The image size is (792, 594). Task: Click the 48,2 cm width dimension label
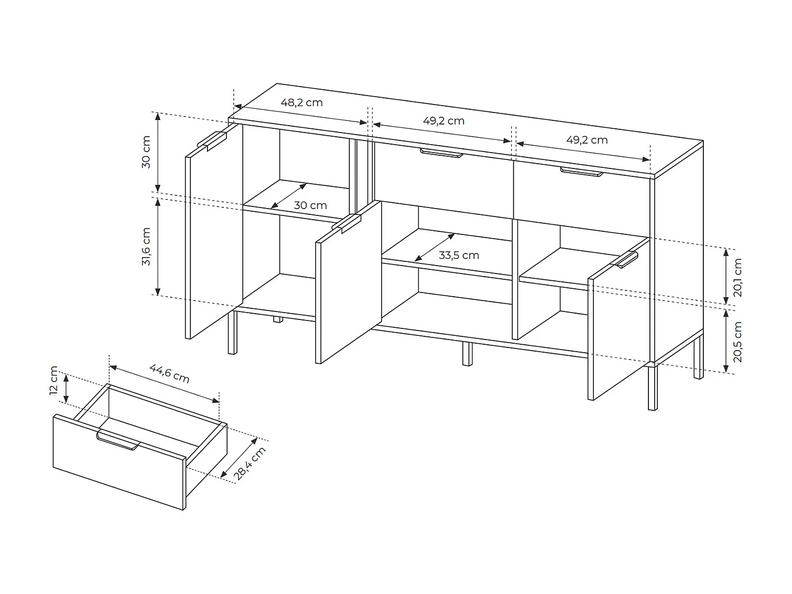[x=301, y=102]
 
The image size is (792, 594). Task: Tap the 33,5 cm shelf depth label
[x=459, y=256]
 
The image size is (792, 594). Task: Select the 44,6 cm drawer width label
[x=169, y=373]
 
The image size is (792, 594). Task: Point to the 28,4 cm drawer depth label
[x=250, y=463]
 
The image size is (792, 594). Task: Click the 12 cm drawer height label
[x=54, y=380]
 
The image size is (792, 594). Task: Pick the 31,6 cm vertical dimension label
[x=146, y=247]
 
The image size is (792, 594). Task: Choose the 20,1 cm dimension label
[x=738, y=277]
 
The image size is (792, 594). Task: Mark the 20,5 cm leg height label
[x=738, y=342]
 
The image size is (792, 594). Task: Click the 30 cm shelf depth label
[x=310, y=205]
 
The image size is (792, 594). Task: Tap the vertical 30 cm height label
[x=146, y=152]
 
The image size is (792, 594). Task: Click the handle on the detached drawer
[x=118, y=441]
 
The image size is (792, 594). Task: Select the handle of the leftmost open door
[x=212, y=139]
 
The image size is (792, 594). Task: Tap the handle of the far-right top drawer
[x=581, y=172]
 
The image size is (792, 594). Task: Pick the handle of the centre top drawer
[x=441, y=153]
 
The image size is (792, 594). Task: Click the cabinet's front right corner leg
[x=653, y=388]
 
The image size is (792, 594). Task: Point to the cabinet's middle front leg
[x=467, y=354]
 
